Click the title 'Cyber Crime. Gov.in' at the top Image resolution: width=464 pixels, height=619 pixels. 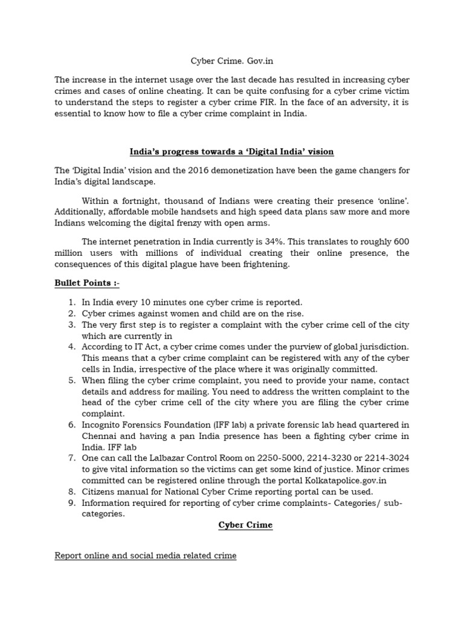tap(232, 61)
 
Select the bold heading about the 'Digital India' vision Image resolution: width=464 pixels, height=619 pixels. tap(231, 151)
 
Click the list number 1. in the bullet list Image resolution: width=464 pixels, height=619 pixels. tap(71, 302)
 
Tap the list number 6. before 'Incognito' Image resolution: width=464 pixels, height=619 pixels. tap(71, 425)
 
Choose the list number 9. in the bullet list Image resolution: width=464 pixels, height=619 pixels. tap(71, 502)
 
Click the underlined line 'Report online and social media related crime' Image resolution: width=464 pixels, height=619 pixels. tap(145, 555)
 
